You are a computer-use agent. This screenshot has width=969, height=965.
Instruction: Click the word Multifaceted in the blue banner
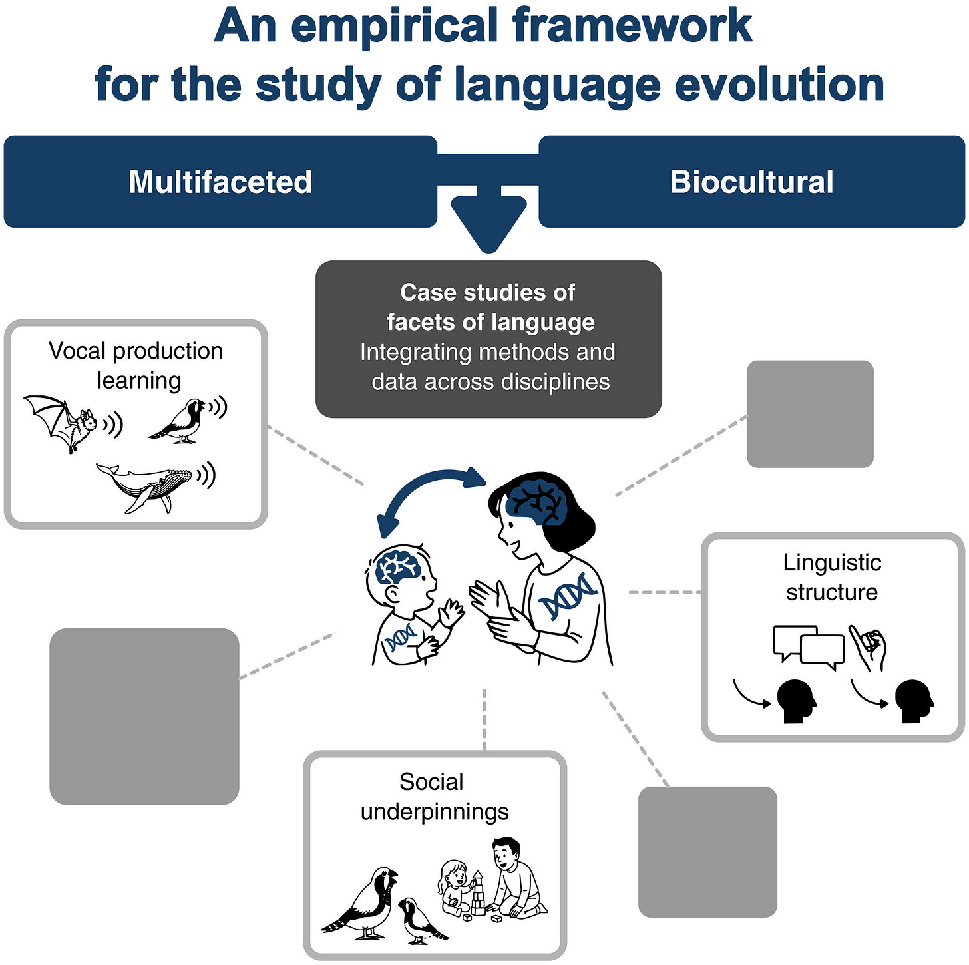tap(220, 182)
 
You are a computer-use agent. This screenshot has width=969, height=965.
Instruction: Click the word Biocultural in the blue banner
tap(751, 182)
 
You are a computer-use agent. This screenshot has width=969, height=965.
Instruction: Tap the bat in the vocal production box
tap(63, 422)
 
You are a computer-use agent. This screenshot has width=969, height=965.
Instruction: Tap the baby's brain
tap(397, 568)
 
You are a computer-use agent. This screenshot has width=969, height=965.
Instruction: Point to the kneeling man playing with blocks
tap(516, 878)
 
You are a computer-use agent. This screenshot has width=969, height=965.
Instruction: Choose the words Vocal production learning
tap(136, 365)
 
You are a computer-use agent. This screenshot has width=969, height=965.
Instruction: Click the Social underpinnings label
tap(434, 797)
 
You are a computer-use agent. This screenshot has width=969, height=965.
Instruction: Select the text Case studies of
tap(488, 292)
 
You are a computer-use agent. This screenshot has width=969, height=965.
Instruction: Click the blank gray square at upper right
tap(810, 414)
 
